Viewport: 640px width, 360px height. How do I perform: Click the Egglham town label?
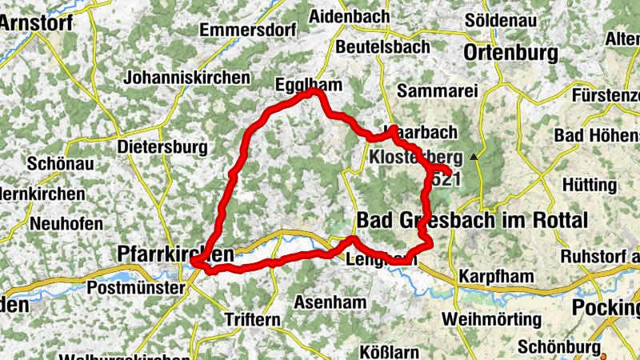(307, 84)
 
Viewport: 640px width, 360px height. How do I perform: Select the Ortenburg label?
(510, 53)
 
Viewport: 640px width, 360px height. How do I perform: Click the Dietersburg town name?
(162, 147)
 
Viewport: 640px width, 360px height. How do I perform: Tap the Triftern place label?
(253, 319)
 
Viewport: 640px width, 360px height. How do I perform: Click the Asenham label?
(330, 302)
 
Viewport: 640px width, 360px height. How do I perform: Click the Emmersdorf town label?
(243, 30)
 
